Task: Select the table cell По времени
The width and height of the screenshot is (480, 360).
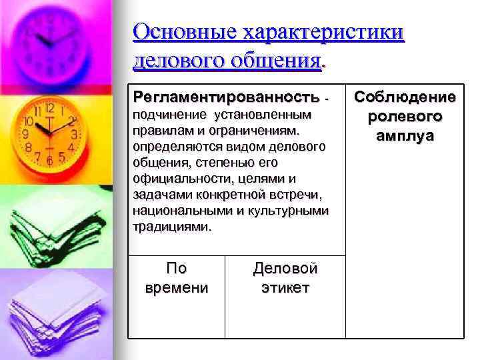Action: tap(176, 278)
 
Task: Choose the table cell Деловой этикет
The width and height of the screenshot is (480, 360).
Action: tap(285, 278)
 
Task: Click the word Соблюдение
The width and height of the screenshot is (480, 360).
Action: tap(405, 97)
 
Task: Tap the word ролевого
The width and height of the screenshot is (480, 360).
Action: tap(405, 117)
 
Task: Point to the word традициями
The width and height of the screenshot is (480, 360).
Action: tap(171, 226)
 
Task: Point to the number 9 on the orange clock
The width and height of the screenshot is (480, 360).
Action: tap(27, 133)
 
